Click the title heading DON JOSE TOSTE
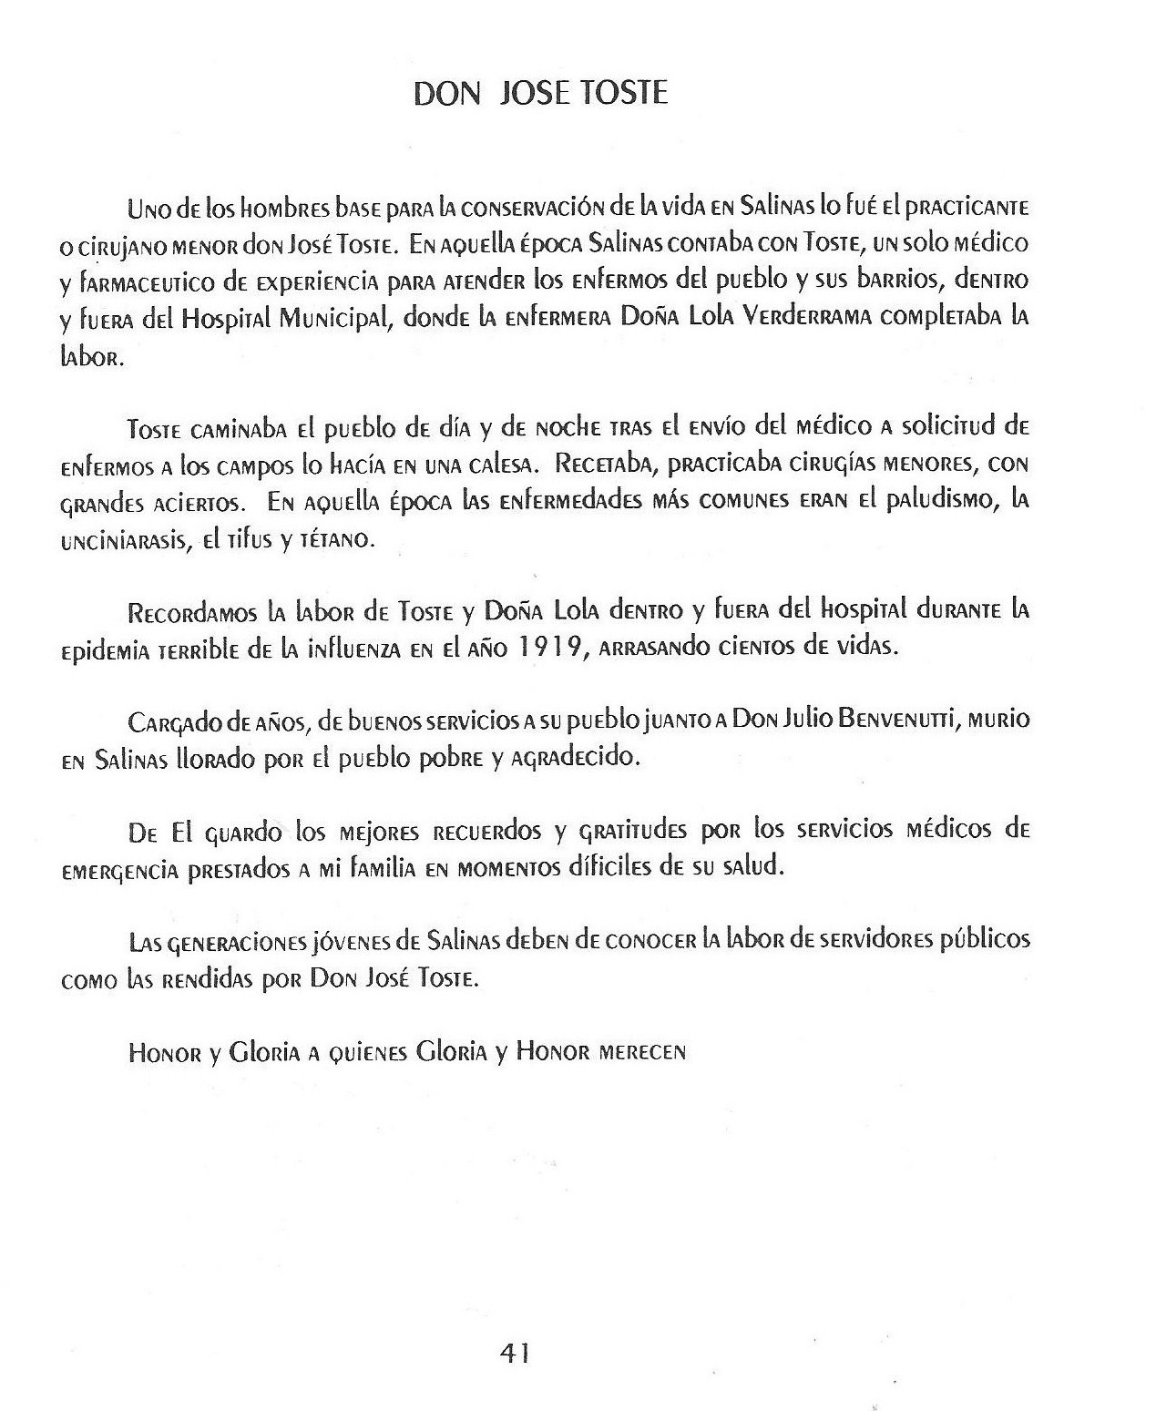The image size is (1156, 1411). (541, 94)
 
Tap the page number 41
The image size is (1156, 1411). (515, 1354)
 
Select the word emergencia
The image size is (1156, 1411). (119, 870)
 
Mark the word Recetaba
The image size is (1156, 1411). (604, 465)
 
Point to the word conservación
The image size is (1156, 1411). (519, 208)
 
